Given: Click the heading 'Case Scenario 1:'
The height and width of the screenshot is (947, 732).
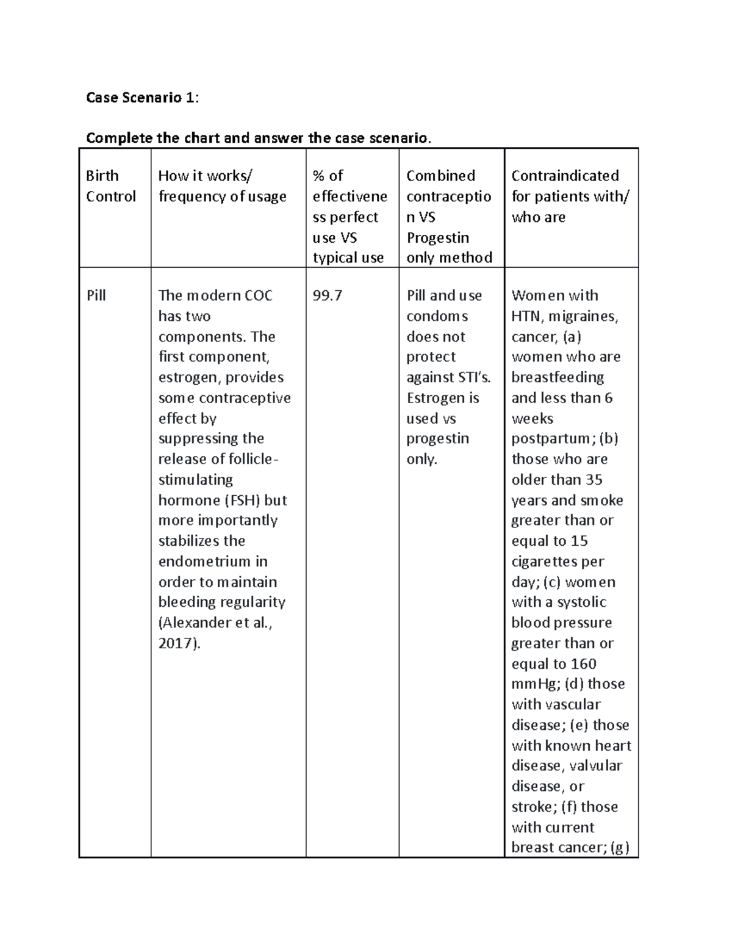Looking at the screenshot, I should tap(142, 98).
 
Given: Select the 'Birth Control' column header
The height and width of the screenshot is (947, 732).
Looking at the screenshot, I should tap(110, 186).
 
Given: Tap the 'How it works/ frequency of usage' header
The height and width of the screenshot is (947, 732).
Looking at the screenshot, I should tap(222, 186).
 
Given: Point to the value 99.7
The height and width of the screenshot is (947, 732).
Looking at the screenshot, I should tap(328, 296).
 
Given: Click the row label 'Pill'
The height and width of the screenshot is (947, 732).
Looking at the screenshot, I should tap(96, 296).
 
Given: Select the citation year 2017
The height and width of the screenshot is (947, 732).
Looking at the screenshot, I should tap(177, 643).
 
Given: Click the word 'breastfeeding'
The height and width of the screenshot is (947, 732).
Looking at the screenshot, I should tap(558, 377).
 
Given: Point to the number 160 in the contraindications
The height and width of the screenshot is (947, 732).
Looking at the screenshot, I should tap(583, 664).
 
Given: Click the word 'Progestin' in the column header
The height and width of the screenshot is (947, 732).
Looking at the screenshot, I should tap(437, 238).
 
